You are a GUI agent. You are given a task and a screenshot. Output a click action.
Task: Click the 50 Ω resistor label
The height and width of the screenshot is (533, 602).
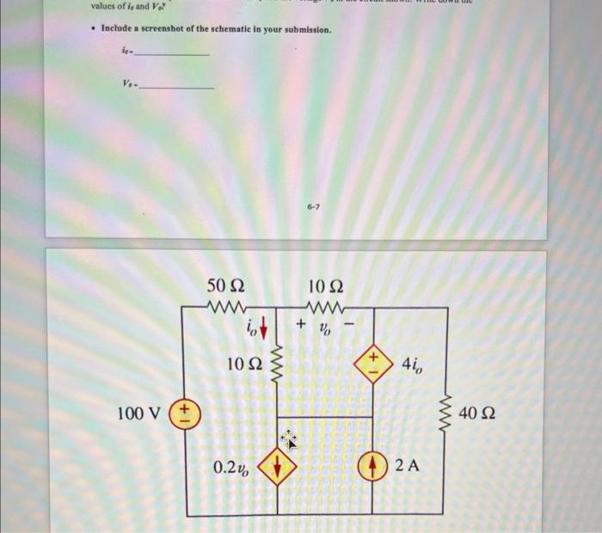[x=225, y=285]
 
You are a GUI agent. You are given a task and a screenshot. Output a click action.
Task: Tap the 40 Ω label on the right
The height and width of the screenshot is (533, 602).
[x=477, y=415]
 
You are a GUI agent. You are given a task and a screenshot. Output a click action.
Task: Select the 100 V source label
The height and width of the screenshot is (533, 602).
[x=138, y=414]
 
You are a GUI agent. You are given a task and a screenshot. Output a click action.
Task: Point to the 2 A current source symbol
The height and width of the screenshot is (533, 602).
[x=373, y=465]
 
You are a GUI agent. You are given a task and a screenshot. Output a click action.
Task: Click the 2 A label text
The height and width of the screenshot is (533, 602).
[x=408, y=465]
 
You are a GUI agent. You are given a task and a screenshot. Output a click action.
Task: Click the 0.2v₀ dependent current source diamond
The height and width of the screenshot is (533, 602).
[x=278, y=466]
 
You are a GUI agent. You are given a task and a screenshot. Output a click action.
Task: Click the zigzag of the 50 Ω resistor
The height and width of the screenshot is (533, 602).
[x=227, y=307]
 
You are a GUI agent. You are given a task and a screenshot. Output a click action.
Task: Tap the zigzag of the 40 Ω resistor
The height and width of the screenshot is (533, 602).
[x=445, y=413]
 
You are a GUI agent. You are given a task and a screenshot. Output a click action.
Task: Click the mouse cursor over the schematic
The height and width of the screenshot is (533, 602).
[x=289, y=440]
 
